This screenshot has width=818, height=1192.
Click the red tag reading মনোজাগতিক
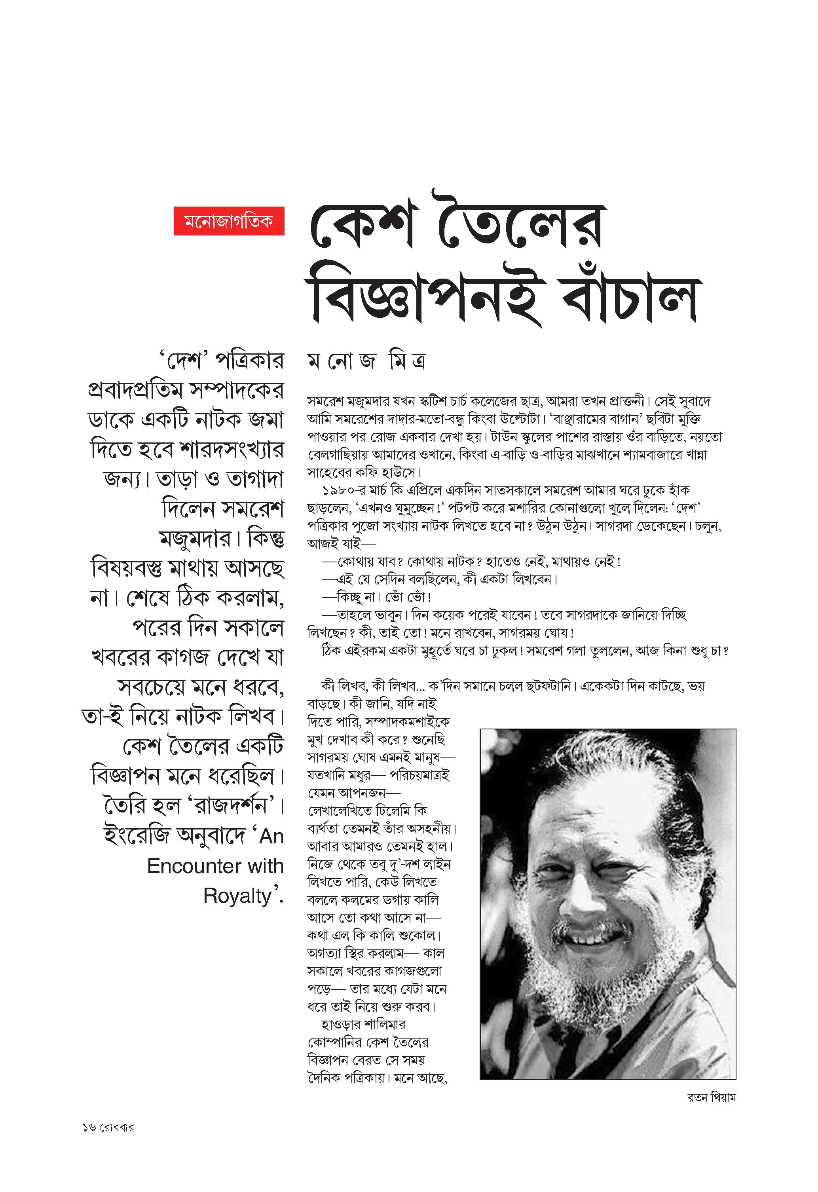point(229,221)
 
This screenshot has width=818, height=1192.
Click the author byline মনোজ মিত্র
point(366,361)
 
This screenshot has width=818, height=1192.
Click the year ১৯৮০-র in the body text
point(338,490)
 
